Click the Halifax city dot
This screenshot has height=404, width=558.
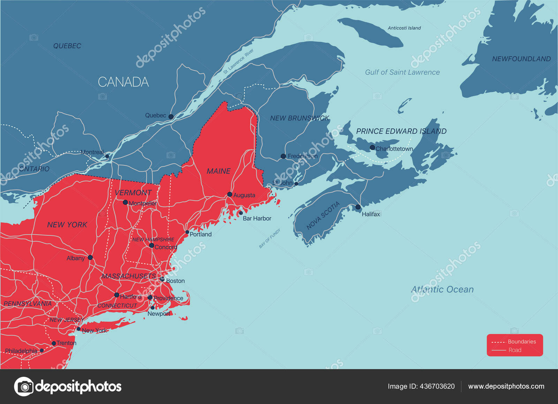coord(358,207)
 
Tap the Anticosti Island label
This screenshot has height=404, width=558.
coord(404,28)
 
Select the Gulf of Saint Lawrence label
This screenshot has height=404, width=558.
coord(402,72)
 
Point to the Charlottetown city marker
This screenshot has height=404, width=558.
coord(372,148)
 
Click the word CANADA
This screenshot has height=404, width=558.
coord(123,82)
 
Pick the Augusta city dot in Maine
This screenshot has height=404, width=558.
coord(229,194)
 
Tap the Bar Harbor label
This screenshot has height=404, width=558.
coord(257,218)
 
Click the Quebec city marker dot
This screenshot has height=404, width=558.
coord(171,117)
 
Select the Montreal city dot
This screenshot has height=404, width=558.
coord(107,156)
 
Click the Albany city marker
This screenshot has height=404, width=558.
coord(90,257)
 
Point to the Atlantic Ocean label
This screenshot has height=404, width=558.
coord(442,289)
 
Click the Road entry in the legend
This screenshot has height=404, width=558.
coord(514,350)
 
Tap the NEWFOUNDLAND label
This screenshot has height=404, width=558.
coord(521,59)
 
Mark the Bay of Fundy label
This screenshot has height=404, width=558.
coord(270,238)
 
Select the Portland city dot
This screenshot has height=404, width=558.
coord(187,232)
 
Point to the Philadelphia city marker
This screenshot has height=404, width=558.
coord(42,350)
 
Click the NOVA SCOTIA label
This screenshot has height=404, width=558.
coord(323,216)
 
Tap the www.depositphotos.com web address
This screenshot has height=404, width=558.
coord(506,386)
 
